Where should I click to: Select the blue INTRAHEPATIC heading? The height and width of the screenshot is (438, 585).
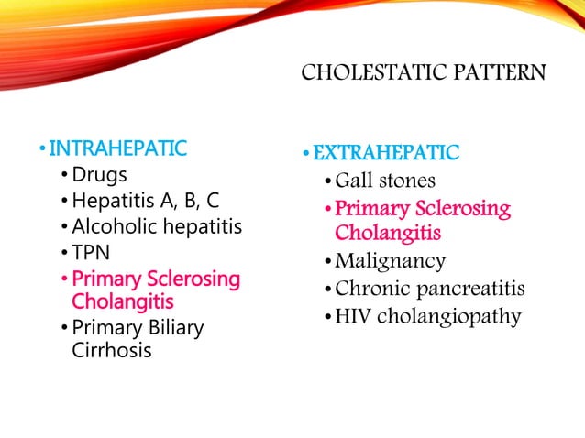117,148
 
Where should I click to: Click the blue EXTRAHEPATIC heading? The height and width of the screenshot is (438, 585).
386,152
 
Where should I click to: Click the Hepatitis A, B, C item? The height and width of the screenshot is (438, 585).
146,200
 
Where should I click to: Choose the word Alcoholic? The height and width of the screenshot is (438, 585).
116,225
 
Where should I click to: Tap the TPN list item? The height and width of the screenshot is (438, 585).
91,251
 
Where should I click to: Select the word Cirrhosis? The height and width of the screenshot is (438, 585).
112,350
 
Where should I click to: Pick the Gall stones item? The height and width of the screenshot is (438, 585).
385,181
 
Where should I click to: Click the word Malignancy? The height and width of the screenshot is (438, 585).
391,261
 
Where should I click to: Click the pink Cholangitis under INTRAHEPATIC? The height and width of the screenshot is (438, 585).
123,301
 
